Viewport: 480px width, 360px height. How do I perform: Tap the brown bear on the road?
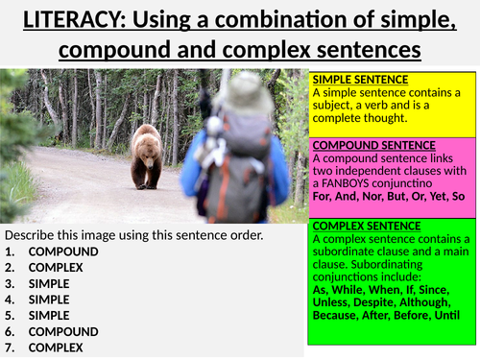tap(146, 155)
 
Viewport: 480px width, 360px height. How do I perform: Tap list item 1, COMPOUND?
tap(57, 252)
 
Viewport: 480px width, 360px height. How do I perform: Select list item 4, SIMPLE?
tap(47, 300)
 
